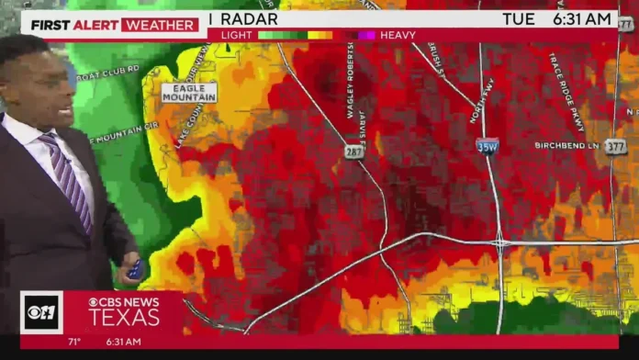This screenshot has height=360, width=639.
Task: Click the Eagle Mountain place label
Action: [x=189, y=93]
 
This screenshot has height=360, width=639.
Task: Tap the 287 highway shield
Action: [x=354, y=150]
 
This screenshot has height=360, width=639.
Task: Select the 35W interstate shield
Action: [x=487, y=146]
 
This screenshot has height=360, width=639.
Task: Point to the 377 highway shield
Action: [x=616, y=145]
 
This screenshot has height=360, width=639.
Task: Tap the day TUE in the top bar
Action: [x=519, y=18]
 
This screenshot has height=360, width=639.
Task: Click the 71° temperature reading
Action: [x=75, y=342]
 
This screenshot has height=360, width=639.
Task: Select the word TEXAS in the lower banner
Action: [x=123, y=318]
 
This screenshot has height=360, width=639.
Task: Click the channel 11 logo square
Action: [x=42, y=312]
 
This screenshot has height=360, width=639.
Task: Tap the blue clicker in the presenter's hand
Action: [x=134, y=269]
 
